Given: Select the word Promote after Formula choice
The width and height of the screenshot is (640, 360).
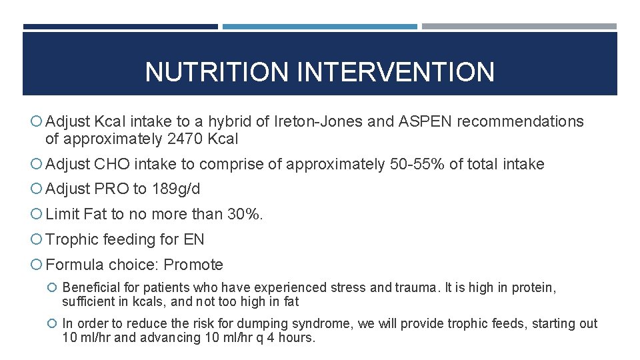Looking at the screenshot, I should (193, 265).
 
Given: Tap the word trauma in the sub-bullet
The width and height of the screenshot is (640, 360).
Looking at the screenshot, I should (417, 288).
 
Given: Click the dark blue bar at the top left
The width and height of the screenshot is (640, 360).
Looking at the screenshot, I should (120, 27).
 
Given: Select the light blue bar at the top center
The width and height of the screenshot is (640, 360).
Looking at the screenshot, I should (320, 27).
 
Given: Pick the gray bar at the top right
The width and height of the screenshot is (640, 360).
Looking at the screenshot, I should (519, 27).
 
